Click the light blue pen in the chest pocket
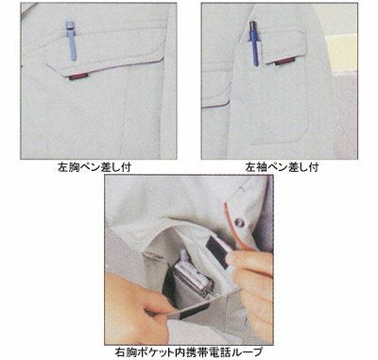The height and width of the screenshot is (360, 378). click(x=71, y=41)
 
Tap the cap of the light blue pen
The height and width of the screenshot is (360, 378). click(x=71, y=26)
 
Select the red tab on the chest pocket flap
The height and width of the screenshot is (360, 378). click(x=77, y=77)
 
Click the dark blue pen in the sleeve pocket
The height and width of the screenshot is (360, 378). click(x=254, y=43)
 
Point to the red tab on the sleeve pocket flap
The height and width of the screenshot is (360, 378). click(x=284, y=61)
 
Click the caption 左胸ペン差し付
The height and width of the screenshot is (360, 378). click(x=94, y=167)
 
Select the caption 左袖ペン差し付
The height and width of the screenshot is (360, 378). click(x=282, y=167)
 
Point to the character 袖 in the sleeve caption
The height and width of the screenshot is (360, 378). click(x=261, y=167)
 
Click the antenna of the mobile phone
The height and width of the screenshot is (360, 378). click(x=183, y=257)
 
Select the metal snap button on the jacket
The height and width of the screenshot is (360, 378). click(x=239, y=223)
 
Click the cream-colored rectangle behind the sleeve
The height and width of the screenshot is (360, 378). click(x=341, y=52)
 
